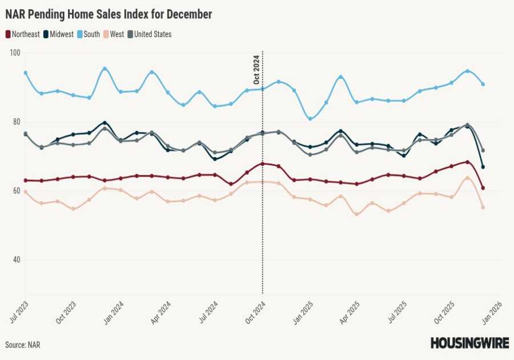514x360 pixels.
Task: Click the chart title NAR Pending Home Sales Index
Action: (109, 14)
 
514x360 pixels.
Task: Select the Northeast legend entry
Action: (23, 34)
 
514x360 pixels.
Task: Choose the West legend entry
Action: (116, 34)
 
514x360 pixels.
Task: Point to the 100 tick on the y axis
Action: (15, 53)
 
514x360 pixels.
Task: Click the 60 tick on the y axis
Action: (15, 190)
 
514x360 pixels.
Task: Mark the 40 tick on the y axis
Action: (15, 259)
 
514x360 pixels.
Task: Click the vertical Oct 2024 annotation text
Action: (256, 70)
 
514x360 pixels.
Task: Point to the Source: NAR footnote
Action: (23, 345)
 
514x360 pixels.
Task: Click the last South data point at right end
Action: (483, 84)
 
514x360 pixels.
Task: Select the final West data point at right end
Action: (483, 207)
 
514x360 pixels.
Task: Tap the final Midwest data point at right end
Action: (483, 167)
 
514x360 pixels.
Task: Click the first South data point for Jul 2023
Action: (26, 73)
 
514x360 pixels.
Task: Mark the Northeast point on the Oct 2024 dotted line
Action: (262, 164)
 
